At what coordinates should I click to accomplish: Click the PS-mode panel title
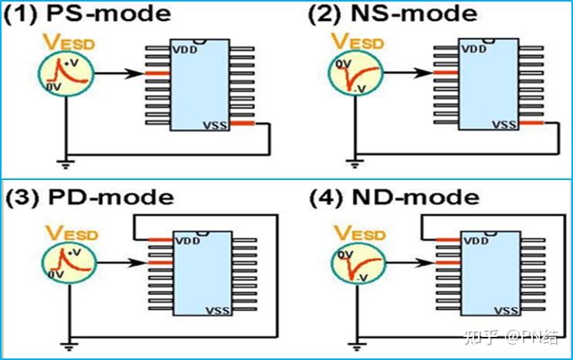coord(87,14)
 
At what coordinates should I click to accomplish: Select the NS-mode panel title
coord(393,14)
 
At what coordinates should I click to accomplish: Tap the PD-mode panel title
coord(89,198)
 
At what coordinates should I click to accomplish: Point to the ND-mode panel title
coord(395,198)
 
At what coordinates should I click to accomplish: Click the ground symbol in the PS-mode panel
coord(66,164)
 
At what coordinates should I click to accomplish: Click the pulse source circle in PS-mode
coord(66,73)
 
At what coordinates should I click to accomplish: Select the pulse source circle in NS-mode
coord(355,73)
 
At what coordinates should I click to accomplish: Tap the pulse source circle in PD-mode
coord(69,263)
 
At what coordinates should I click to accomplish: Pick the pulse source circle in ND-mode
coord(358,263)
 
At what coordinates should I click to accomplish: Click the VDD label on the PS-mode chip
coord(185,49)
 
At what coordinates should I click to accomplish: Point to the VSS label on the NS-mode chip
coord(505,125)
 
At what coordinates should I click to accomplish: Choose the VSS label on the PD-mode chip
coord(219,311)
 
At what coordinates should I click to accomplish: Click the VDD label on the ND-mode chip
coord(476,241)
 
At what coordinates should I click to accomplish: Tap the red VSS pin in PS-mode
coord(242,123)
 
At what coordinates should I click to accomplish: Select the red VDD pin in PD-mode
coord(161,239)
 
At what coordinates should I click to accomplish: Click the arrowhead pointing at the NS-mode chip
coord(425,73)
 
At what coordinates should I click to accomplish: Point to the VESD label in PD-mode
coord(72,233)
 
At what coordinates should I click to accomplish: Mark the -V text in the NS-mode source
coord(361,89)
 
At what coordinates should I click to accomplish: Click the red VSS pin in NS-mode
coord(531,122)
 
